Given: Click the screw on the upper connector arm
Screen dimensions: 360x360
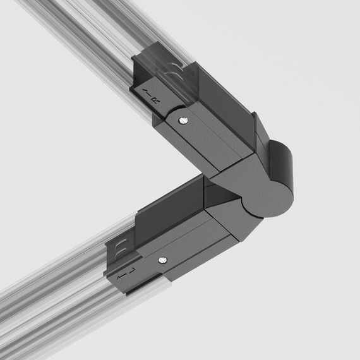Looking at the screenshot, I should (x=182, y=120).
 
